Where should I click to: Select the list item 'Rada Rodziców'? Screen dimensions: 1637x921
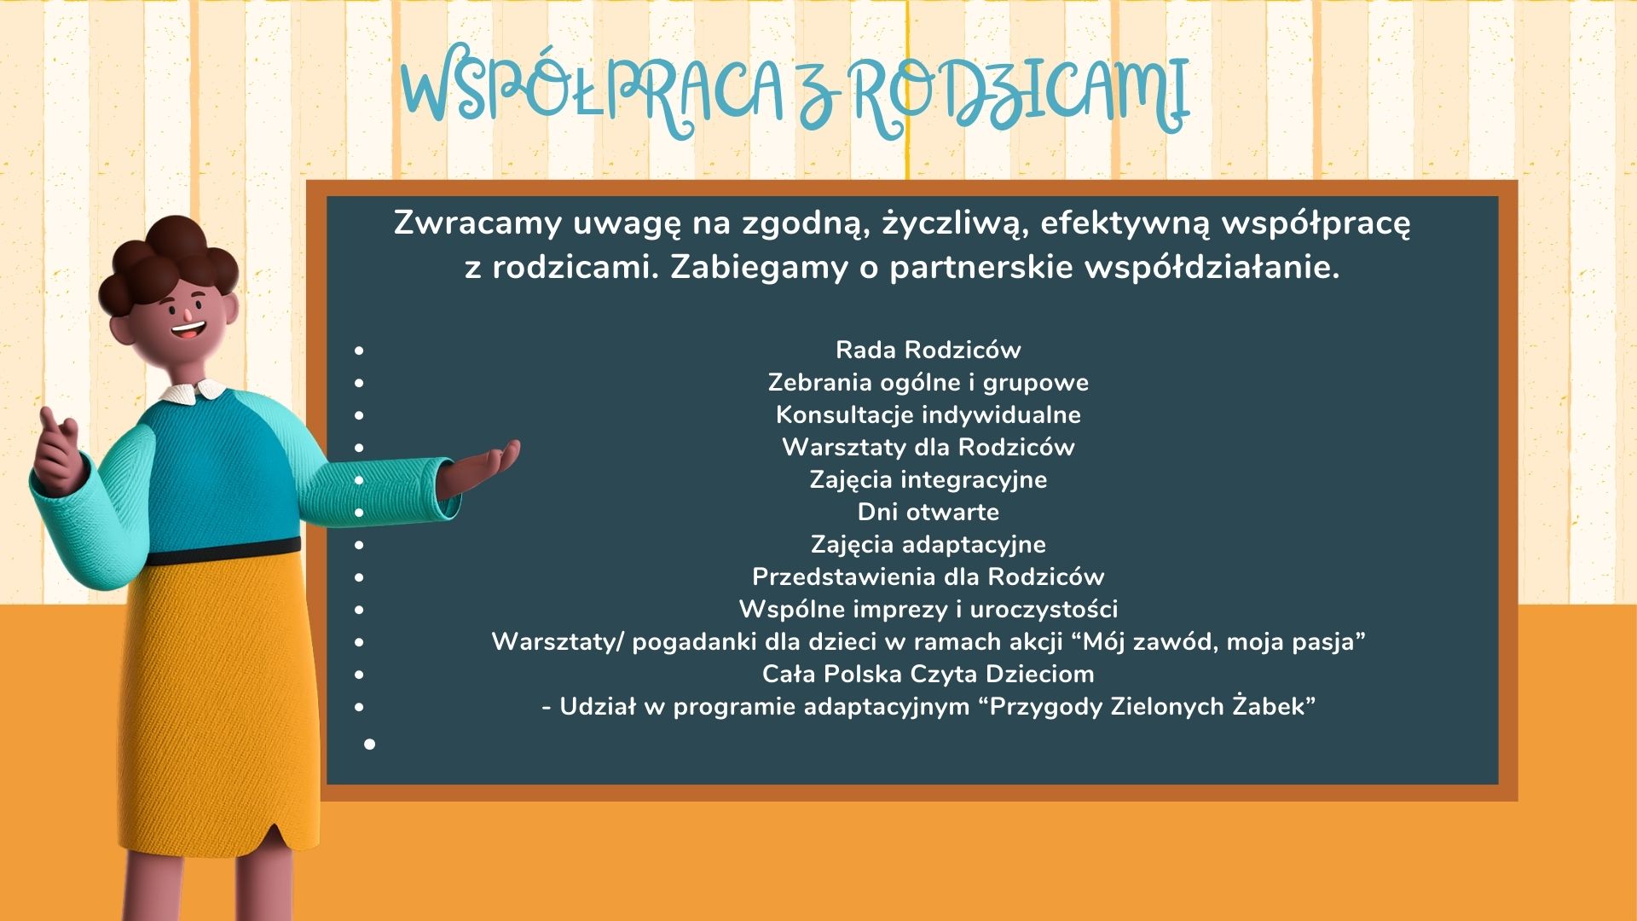tap(928, 350)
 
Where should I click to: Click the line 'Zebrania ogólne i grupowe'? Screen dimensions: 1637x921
tap(928, 382)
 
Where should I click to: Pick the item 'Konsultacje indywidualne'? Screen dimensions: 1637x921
tap(928, 414)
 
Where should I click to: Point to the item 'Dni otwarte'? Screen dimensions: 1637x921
tap(928, 512)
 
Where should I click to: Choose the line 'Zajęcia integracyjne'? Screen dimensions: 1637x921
tap(928, 479)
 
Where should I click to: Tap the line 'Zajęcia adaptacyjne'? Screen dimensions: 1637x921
tap(928, 544)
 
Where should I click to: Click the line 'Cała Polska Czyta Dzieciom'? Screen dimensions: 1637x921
tap(928, 674)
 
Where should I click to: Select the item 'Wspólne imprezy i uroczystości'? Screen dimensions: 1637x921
tap(928, 609)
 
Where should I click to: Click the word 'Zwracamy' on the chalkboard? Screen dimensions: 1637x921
tap(477, 223)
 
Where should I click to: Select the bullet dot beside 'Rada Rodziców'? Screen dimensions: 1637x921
tap(359, 350)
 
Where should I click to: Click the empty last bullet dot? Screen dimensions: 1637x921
tap(369, 744)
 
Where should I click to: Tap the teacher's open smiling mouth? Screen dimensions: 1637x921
tap(188, 328)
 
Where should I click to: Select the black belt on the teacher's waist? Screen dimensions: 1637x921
tap(223, 552)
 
